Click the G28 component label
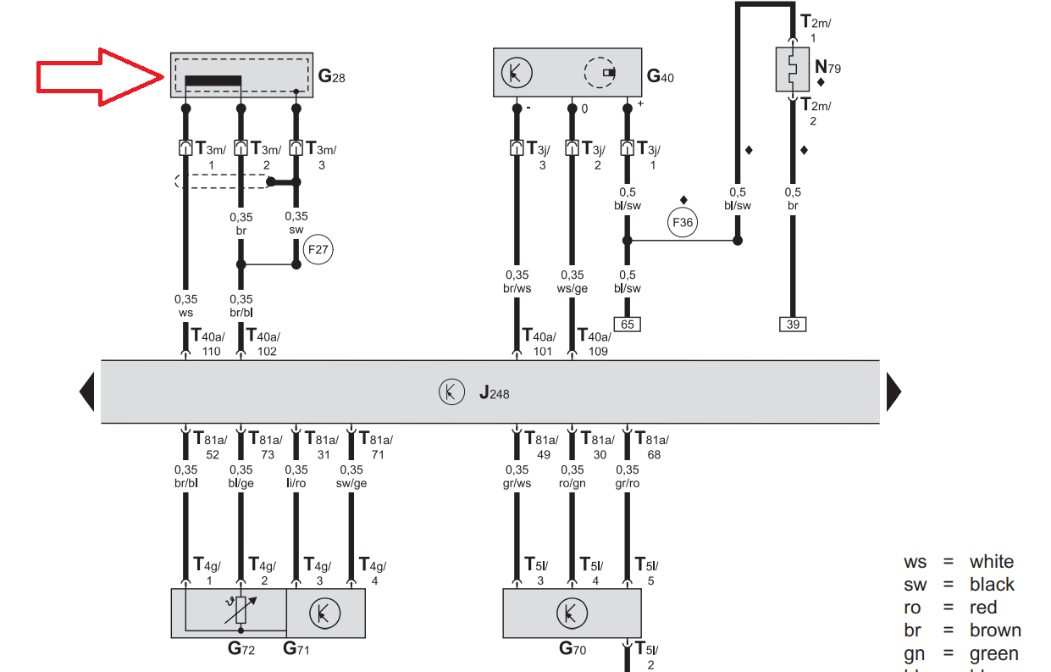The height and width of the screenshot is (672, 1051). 331,76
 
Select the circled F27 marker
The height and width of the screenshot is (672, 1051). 318,251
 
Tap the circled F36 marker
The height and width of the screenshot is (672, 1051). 682,224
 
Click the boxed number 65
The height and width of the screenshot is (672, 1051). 627,324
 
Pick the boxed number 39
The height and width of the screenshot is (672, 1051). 792,324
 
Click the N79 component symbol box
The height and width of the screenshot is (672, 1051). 792,69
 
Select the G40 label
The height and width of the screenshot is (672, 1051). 660,76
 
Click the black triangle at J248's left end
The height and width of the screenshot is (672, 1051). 86,392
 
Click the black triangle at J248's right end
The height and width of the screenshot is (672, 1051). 893,392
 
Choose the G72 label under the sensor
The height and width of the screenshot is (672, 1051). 241,650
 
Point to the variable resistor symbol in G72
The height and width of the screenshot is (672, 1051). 241,610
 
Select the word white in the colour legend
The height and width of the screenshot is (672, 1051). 991,562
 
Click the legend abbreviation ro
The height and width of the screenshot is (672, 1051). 913,608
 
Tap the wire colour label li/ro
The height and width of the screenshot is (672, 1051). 296,484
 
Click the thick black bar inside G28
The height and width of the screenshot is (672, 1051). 213,81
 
